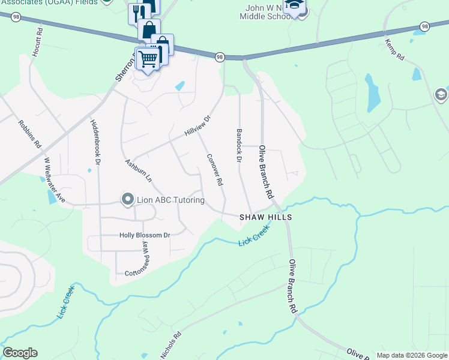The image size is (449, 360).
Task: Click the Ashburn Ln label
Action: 138,171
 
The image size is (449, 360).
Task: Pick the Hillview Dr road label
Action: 198,125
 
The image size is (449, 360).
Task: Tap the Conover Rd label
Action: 215,169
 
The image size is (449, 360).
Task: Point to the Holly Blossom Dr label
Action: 145,236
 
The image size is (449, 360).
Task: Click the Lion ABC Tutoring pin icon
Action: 127,199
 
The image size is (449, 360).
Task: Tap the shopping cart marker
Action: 148,58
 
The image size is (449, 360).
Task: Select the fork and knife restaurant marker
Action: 136,12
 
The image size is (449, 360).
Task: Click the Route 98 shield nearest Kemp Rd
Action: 424,26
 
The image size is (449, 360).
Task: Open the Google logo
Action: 20,353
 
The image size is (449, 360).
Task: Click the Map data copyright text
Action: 412,355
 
